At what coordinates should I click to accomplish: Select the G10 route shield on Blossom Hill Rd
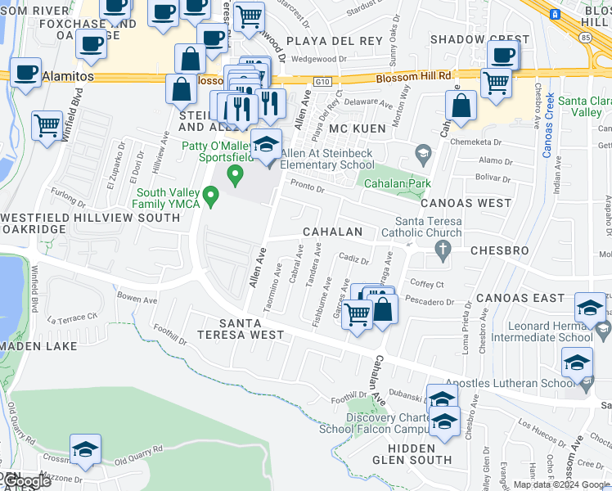(321, 81)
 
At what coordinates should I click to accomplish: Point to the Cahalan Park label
(398, 183)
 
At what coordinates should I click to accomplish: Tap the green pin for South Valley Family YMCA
(211, 196)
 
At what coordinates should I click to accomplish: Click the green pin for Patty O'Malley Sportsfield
(236, 173)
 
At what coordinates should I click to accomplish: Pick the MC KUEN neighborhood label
(357, 129)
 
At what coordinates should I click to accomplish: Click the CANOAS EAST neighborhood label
(520, 297)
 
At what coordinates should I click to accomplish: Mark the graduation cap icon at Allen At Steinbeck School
(266, 145)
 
